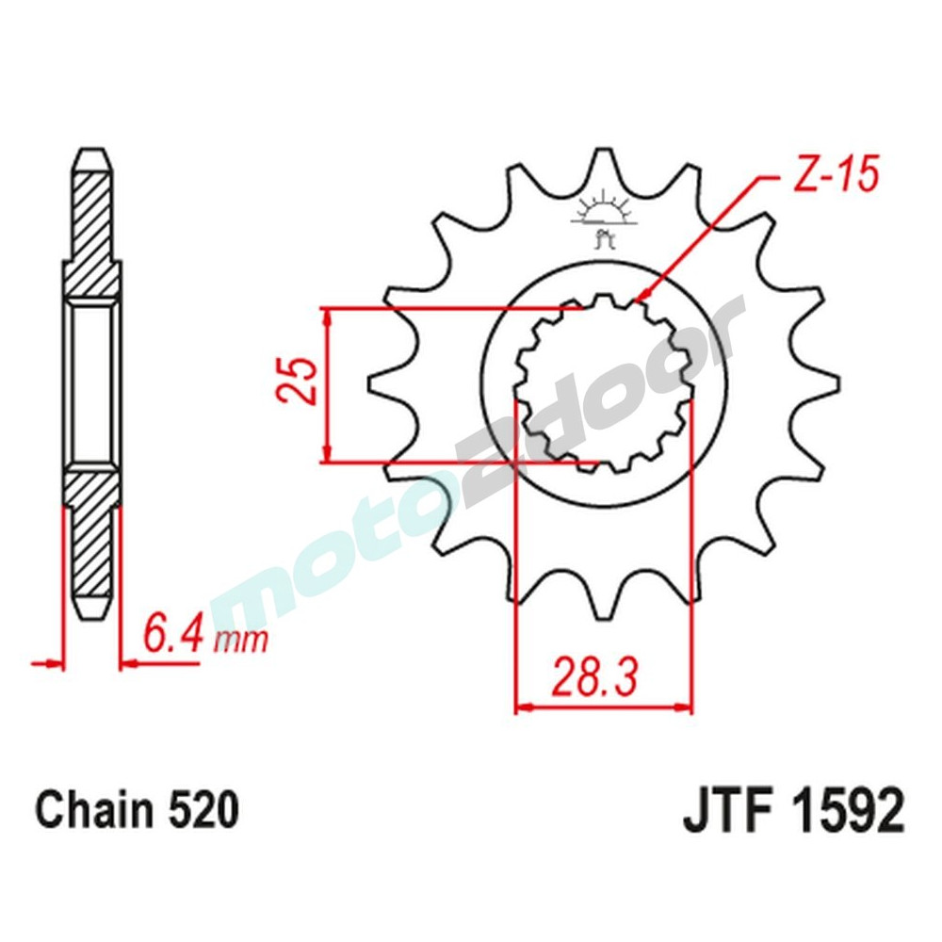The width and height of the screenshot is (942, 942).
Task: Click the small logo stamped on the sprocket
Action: [603, 219]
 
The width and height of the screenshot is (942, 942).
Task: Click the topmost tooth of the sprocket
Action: [603, 165]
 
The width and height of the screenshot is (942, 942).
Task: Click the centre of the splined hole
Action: [603, 384]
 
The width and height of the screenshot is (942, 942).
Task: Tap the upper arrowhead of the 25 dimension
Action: [327, 317]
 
